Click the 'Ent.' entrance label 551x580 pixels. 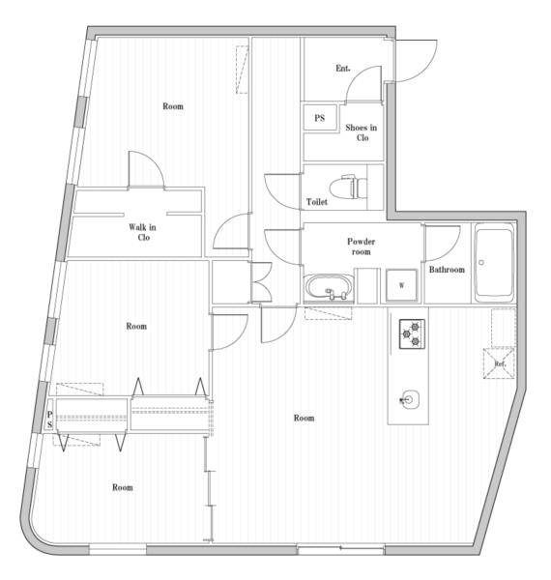343,69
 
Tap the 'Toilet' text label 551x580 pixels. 317,202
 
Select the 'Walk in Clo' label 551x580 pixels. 143,232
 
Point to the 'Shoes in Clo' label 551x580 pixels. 362,132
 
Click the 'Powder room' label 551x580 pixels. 362,246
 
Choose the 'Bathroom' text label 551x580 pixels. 447,270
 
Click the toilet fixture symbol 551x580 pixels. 348,188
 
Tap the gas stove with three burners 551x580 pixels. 412,334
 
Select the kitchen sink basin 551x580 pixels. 409,399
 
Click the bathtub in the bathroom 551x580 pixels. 494,262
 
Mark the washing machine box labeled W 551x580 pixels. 401,285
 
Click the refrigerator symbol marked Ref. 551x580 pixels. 499,363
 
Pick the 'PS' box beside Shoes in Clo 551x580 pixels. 320,118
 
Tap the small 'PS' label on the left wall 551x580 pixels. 49,420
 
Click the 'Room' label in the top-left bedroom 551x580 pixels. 173,106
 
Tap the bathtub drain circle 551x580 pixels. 481,262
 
